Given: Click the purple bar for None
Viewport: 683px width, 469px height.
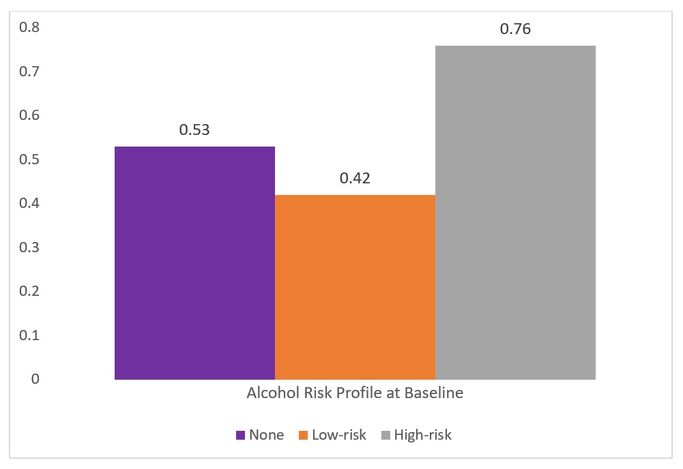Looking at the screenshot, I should click(x=194, y=262).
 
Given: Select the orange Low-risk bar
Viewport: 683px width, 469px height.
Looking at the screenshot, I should click(x=355, y=286).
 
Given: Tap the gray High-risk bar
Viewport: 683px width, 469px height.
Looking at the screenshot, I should click(x=515, y=211).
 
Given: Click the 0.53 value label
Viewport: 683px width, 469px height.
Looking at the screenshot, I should click(x=194, y=129).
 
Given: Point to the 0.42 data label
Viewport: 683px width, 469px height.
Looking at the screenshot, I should click(x=355, y=179).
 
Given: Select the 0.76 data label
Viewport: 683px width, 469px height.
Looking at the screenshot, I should click(x=515, y=29).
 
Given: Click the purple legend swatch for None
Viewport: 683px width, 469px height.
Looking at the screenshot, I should click(x=239, y=435).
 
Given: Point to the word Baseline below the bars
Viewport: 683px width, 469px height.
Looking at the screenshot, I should click(x=434, y=393).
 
